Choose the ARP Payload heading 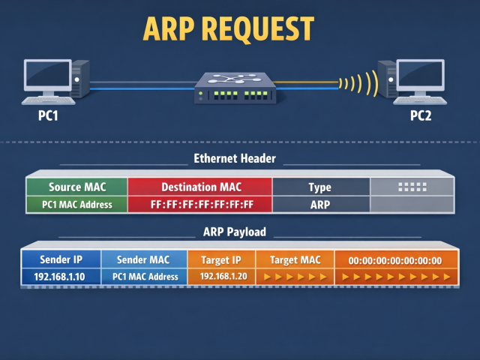tap(235, 232)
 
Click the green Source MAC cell tap(76, 187)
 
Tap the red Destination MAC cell tap(199, 187)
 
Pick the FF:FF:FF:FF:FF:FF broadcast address tap(199, 204)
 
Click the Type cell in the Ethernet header tap(319, 187)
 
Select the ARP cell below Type tap(319, 204)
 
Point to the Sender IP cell tap(60, 260)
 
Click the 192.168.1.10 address tap(60, 277)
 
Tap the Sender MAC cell tap(143, 260)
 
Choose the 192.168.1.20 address tap(221, 277)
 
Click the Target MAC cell tap(294, 260)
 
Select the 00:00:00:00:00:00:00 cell tap(394, 260)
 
